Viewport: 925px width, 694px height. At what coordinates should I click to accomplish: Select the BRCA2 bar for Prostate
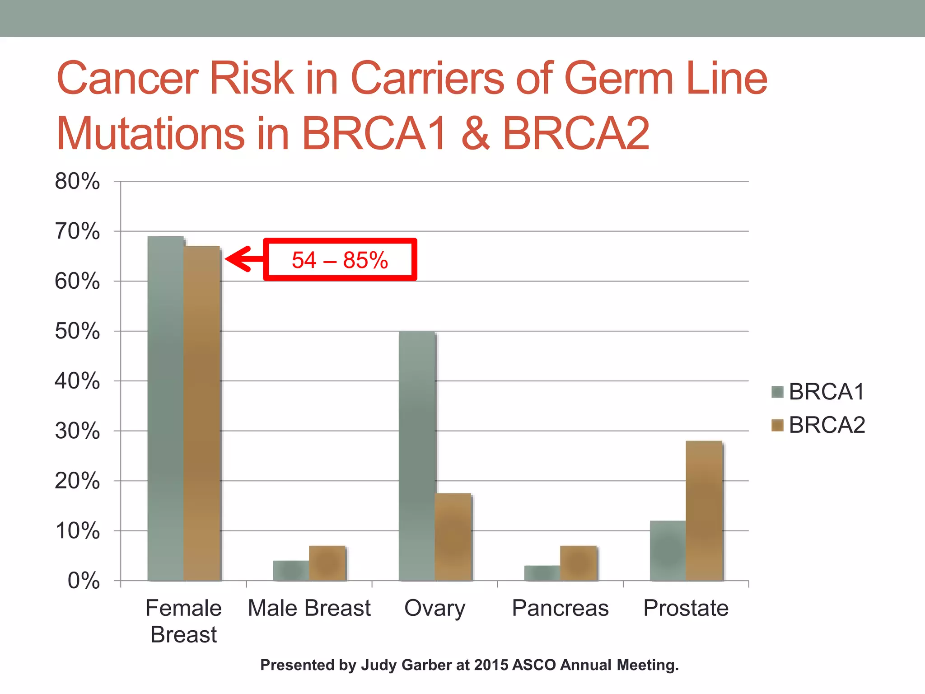[704, 511]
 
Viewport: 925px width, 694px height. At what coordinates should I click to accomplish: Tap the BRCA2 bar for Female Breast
[201, 413]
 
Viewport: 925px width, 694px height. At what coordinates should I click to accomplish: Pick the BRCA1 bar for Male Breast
[291, 570]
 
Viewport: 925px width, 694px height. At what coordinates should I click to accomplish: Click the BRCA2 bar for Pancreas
[578, 563]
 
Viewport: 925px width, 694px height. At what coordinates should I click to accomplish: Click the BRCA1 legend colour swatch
[777, 392]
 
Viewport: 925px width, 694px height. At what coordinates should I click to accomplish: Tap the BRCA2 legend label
[827, 425]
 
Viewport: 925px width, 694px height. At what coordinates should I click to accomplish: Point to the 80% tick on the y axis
[77, 182]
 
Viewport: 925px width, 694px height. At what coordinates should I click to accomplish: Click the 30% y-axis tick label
[77, 431]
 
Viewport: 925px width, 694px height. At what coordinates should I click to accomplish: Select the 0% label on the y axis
[84, 581]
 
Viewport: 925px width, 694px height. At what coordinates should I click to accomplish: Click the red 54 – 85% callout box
[340, 260]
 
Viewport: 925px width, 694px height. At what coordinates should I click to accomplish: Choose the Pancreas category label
[560, 608]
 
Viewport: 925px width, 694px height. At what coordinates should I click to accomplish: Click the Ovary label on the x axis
[434, 608]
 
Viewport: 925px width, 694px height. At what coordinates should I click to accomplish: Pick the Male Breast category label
[309, 608]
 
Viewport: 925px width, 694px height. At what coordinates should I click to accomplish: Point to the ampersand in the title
[475, 133]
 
